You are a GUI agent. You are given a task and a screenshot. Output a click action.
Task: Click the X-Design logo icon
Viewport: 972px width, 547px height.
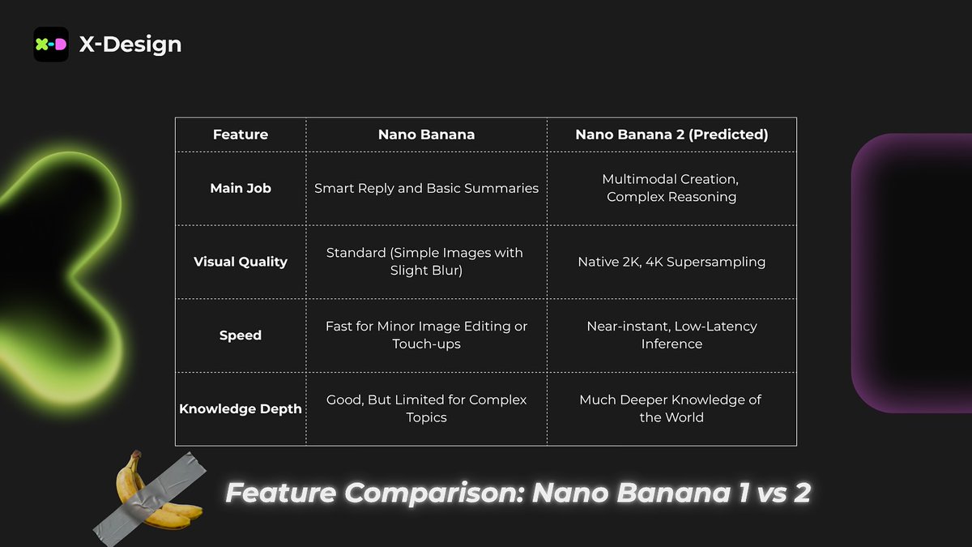pyautogui.click(x=51, y=45)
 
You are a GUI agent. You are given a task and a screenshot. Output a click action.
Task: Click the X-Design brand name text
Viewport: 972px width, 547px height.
pyautogui.click(x=130, y=45)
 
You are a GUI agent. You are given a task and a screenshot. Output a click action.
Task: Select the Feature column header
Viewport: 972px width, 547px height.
pyautogui.click(x=241, y=135)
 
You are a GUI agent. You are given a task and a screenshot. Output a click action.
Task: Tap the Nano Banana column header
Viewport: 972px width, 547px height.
pyautogui.click(x=426, y=135)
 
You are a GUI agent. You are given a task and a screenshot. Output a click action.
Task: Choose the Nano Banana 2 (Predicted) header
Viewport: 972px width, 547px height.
pyautogui.click(x=671, y=135)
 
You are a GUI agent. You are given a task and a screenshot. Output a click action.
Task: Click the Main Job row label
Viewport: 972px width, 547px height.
pyautogui.click(x=241, y=188)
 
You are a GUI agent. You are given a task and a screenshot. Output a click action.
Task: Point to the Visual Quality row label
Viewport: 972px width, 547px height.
pyautogui.click(x=241, y=262)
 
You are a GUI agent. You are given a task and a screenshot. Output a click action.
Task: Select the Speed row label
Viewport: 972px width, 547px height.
pyautogui.click(x=241, y=335)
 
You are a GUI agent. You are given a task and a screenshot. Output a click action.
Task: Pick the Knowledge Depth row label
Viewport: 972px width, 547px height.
pyautogui.click(x=241, y=409)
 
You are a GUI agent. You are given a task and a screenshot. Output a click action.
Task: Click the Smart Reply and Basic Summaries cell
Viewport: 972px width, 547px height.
pyautogui.click(x=426, y=188)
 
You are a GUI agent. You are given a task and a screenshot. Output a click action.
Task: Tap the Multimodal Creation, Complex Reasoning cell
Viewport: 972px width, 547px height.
pyautogui.click(x=671, y=188)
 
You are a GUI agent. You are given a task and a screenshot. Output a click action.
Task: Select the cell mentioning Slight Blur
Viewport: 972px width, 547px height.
pyautogui.click(x=426, y=262)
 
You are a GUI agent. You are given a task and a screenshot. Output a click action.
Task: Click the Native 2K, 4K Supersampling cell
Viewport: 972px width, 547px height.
pyautogui.click(x=671, y=262)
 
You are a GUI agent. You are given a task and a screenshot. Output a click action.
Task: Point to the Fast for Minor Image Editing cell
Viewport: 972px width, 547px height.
pyautogui.click(x=426, y=335)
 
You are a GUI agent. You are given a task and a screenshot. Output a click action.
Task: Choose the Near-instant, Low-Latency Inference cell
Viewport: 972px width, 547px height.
pyautogui.click(x=671, y=335)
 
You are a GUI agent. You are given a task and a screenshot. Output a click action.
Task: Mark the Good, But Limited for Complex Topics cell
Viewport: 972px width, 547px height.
pyautogui.click(x=426, y=408)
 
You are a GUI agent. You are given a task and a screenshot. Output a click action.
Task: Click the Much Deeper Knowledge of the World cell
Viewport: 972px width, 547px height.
pyautogui.click(x=671, y=408)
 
